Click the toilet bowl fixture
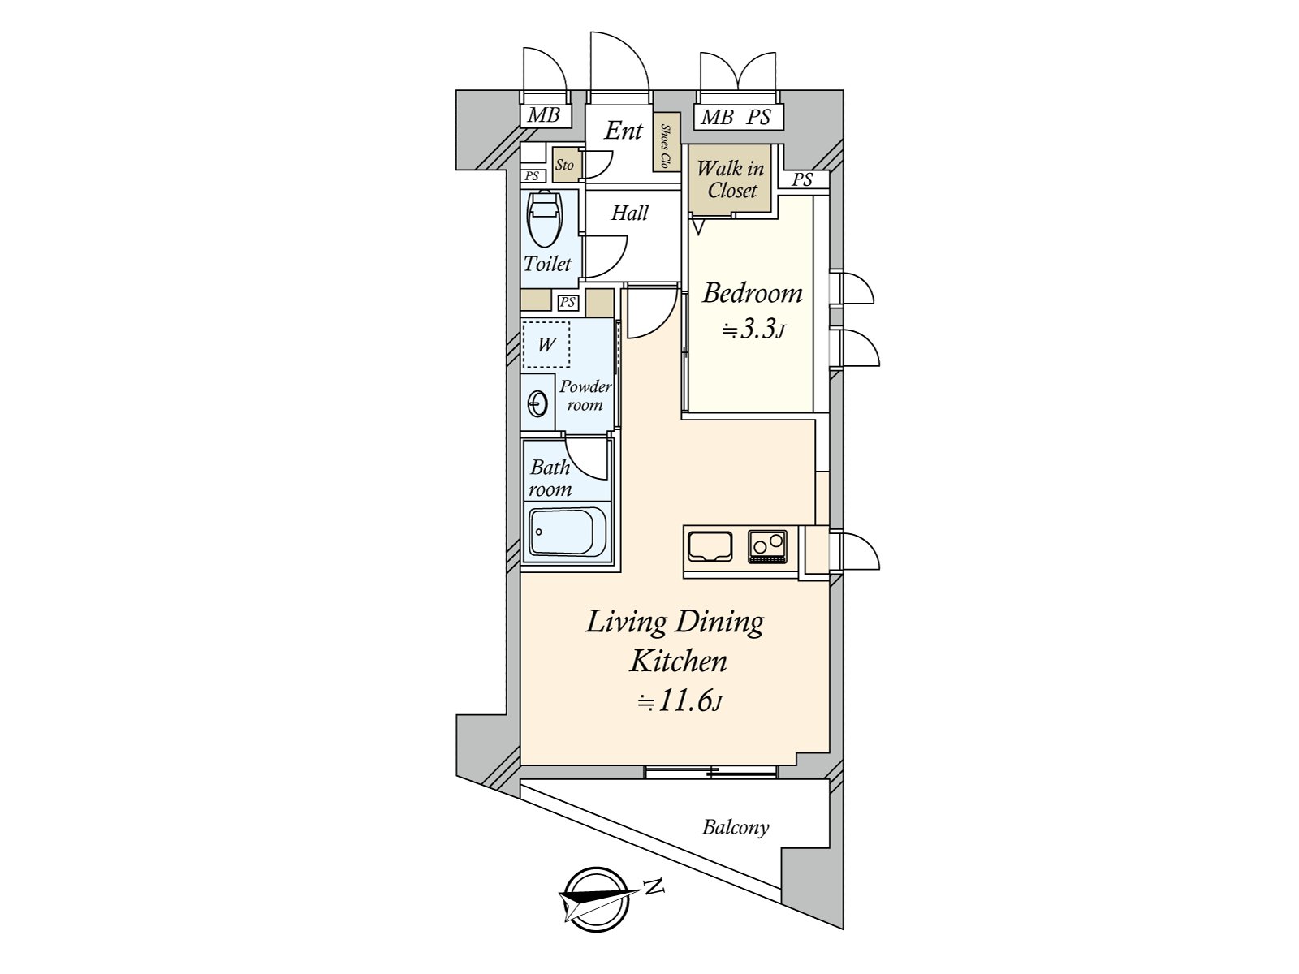545,219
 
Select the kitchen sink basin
710,545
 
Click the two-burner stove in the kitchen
767,546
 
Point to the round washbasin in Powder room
537,404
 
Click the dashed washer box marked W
546,345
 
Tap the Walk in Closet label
731,179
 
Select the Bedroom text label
752,293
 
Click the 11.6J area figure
680,702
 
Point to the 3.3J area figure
753,330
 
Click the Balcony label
736,827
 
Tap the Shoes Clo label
667,144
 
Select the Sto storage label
564,165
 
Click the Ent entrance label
624,131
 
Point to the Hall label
630,213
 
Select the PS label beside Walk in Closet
802,179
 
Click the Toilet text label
547,264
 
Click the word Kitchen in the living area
678,662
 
